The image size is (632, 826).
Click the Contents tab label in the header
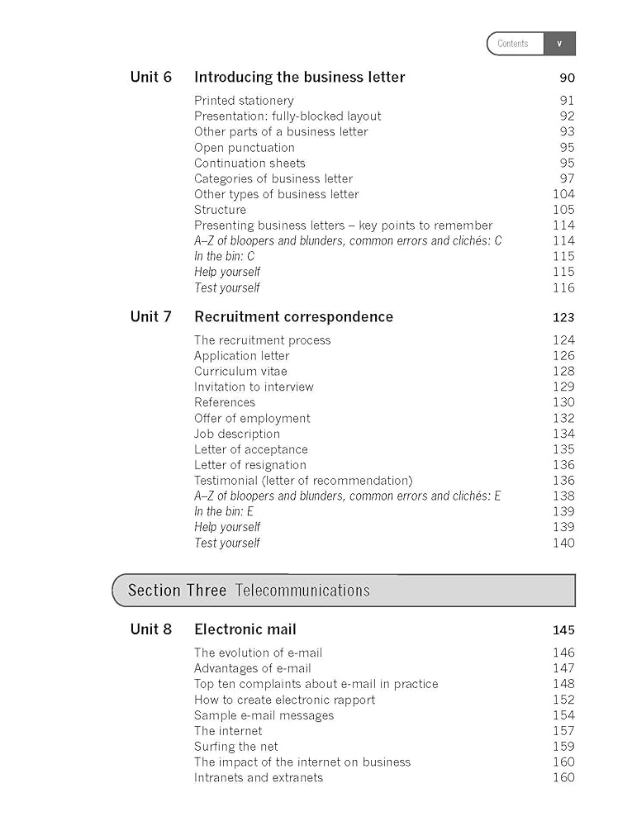coord(513,44)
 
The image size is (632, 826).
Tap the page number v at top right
coord(559,44)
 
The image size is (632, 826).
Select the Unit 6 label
coord(151,77)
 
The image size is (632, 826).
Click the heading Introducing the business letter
coord(299,77)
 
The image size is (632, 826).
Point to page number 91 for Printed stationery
coord(566,101)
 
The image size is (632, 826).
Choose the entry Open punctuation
coord(244,148)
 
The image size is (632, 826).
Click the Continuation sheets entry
coord(249,164)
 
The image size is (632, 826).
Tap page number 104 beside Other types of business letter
coord(563,194)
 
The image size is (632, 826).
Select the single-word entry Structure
coord(220,210)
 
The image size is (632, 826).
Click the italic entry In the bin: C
coord(224,256)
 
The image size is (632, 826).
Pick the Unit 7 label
coord(151,316)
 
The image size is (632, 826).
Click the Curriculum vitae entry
coord(240,372)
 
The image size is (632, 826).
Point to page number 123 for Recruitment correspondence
coord(563,317)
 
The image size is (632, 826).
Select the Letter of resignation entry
coord(249,465)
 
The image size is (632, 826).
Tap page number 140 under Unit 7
coord(563,543)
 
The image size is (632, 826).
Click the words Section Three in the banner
coord(177,591)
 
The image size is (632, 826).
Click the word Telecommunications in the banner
coord(302,591)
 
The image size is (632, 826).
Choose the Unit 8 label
coord(151,629)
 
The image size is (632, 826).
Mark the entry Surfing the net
coord(235,747)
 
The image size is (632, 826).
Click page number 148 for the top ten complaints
coord(563,684)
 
